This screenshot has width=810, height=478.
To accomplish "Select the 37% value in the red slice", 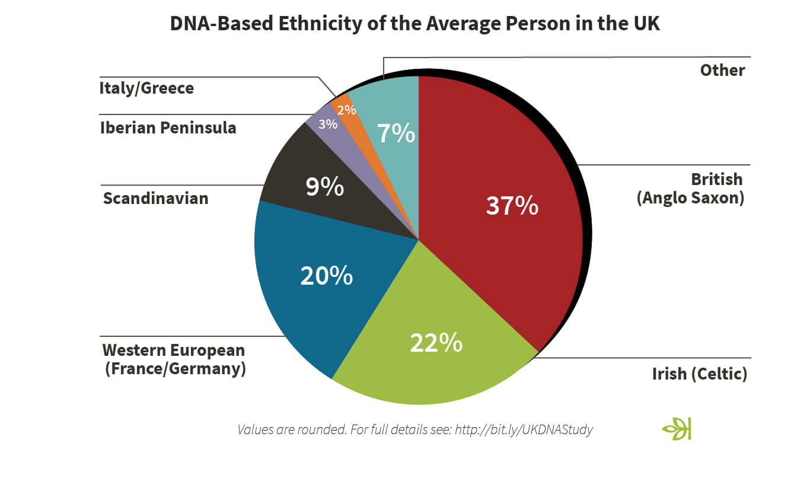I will pos(512,205).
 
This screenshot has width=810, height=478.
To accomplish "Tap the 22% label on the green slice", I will pos(436,343).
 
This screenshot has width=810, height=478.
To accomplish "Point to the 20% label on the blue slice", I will pos(326,276).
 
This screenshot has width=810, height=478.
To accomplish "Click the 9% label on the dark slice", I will pos(324,187).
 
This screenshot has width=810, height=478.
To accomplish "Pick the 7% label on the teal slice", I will pos(396,133).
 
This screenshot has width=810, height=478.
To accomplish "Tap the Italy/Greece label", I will pos(146,88).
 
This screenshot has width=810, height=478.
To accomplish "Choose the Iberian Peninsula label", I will pos(168,128).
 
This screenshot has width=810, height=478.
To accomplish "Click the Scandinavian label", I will pos(155,197).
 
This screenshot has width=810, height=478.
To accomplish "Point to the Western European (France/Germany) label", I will pos(174,359).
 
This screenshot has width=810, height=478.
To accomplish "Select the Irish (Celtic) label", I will pos(699,374).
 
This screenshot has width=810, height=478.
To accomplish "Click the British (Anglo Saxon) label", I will pos(690,188).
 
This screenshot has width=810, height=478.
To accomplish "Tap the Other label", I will pos(722,70).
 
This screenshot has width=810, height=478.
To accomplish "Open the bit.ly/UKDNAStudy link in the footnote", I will pos(524,429).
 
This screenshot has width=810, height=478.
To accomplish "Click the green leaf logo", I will pos(677,428).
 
